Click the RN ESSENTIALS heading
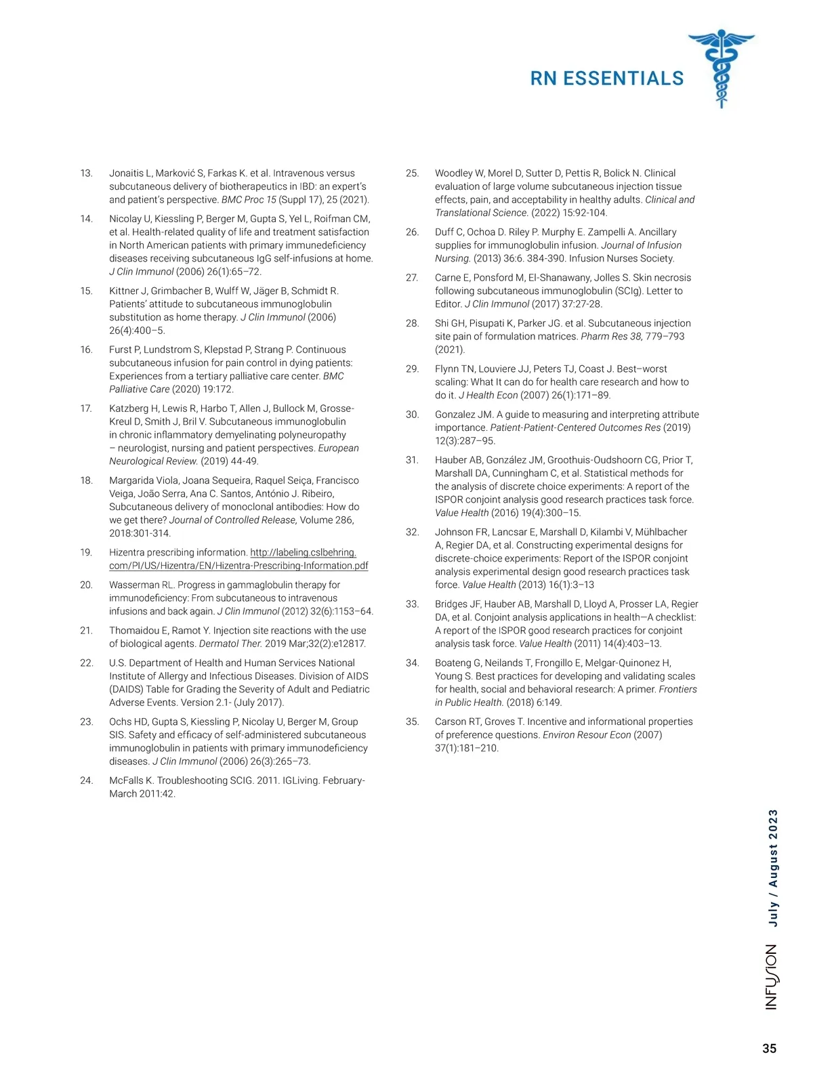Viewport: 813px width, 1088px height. (x=606, y=79)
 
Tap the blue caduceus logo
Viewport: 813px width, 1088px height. (x=722, y=68)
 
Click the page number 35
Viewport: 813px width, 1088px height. (x=769, y=1049)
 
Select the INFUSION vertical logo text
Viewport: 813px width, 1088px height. (x=772, y=977)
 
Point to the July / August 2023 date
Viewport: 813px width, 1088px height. (x=773, y=868)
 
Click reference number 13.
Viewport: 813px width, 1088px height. (x=86, y=173)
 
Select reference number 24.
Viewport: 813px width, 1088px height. (x=86, y=780)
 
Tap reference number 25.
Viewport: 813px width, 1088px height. (x=412, y=173)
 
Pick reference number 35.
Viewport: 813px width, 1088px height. (x=412, y=721)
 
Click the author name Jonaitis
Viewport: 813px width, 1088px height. (x=127, y=173)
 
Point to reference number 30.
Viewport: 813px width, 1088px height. (x=412, y=415)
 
